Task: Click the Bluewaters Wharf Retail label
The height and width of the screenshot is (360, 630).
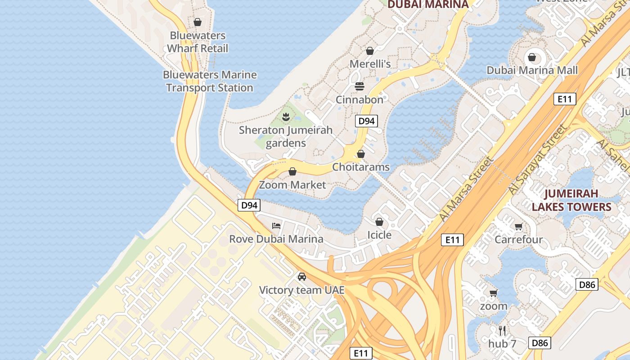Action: [198, 42]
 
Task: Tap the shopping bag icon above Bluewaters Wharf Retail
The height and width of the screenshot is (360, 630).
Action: [197, 22]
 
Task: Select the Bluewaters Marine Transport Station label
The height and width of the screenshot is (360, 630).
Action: [210, 81]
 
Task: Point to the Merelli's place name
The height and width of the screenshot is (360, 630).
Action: [370, 64]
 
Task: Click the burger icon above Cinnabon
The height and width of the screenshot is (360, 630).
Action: [359, 86]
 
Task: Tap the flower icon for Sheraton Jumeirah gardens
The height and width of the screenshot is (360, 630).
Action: [285, 117]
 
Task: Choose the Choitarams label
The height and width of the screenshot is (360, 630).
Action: [360, 167]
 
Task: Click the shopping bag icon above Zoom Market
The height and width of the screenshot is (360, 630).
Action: [292, 171]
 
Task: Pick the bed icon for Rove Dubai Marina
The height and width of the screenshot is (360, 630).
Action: [276, 225]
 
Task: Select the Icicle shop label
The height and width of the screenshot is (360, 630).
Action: [379, 235]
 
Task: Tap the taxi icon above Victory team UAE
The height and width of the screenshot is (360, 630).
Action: [301, 276]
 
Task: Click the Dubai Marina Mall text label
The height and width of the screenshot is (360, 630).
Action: [532, 70]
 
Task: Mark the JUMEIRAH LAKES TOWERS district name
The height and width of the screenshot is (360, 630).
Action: [571, 200]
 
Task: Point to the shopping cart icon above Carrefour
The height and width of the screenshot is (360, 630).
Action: [518, 226]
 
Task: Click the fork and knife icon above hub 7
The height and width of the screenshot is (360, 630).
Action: [502, 331]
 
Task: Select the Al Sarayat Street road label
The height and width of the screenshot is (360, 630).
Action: [538, 160]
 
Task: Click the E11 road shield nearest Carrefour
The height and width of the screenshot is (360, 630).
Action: [452, 240]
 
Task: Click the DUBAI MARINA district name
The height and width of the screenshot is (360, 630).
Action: [427, 4]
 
